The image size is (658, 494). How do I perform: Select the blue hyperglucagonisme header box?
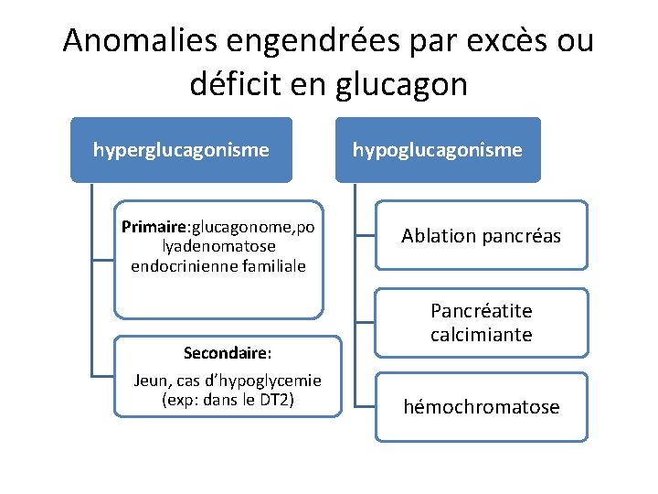181,149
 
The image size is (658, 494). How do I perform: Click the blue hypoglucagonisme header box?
438,149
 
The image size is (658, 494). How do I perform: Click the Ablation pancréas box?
482,236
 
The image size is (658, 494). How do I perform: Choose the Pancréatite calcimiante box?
482,323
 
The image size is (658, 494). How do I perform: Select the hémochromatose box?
482,407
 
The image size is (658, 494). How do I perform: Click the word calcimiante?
482,335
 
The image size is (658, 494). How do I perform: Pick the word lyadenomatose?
218,247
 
